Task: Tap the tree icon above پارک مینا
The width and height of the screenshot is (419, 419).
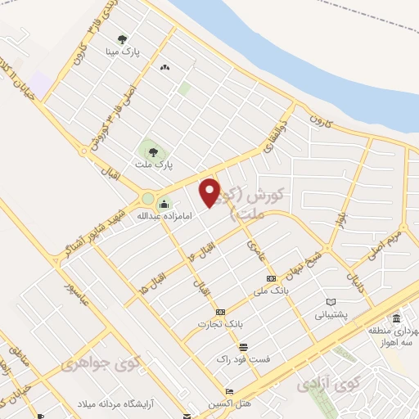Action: click(122, 38)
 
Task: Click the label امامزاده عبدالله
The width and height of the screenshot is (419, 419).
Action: click(135, 216)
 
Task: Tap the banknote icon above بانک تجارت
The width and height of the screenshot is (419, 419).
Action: click(219, 312)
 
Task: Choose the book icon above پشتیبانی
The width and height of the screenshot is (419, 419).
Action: click(331, 301)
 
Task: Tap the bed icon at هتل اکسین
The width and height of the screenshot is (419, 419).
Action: click(230, 391)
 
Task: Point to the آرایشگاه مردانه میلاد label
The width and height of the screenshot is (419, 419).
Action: click(130, 404)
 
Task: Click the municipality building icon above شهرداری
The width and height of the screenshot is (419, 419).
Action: click(396, 318)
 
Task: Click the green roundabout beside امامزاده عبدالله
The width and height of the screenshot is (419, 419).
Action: click(148, 199)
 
